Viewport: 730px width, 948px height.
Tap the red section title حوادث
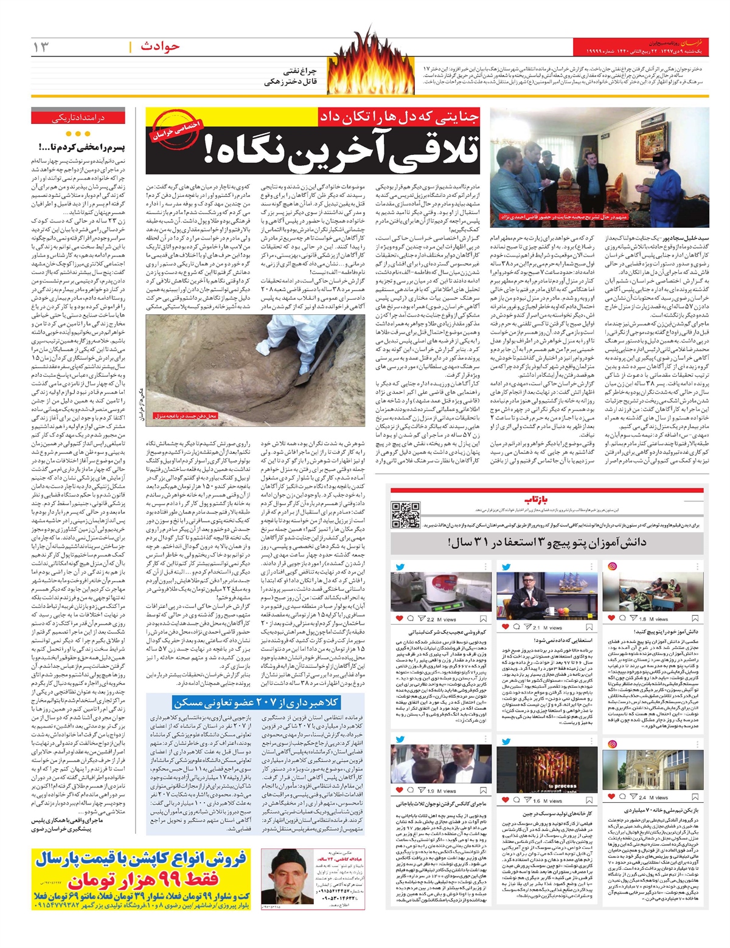click(x=160, y=46)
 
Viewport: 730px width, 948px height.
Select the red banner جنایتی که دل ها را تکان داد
click(x=399, y=117)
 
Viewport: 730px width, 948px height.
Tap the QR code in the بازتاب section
click(x=406, y=515)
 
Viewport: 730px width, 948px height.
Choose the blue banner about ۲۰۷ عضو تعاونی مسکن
click(x=255, y=702)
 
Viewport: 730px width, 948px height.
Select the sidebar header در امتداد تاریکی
click(x=78, y=118)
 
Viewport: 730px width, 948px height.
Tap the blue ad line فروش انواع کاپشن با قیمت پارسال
click(x=141, y=859)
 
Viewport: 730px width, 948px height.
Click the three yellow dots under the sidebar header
click(x=78, y=134)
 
